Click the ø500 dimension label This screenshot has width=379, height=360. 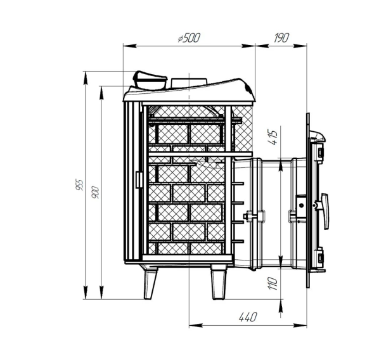[x=189, y=38]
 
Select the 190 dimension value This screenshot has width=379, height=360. [x=281, y=38]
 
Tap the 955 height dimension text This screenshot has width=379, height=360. [x=80, y=184]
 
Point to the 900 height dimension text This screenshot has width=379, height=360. [x=96, y=192]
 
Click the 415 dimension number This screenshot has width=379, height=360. [x=273, y=138]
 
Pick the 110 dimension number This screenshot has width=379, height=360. [x=273, y=283]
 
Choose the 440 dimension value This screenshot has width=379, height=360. [x=248, y=317]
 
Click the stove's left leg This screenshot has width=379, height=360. [x=150, y=285]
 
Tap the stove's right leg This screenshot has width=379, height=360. [x=219, y=282]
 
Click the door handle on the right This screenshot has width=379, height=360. [x=325, y=211]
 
